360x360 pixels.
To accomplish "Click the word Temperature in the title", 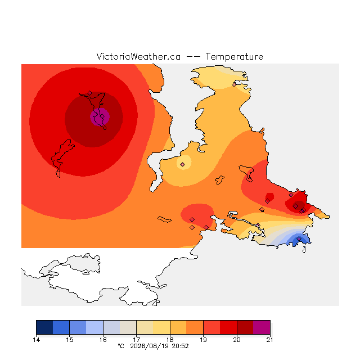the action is (x=234, y=57).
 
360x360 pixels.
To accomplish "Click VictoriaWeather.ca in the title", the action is (x=138, y=57).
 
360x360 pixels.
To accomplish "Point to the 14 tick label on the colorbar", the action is (x=36, y=340).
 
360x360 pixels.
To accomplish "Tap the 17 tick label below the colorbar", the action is (x=136, y=340).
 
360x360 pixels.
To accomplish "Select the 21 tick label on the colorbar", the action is (x=270, y=340).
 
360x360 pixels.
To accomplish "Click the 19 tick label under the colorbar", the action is (x=203, y=340).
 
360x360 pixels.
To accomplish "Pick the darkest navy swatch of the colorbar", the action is (x=44, y=327).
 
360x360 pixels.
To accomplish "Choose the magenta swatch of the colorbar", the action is (x=262, y=327).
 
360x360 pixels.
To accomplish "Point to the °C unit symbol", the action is (x=121, y=346).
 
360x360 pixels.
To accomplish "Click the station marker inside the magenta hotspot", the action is (x=102, y=116).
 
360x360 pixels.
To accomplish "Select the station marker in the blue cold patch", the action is (x=299, y=238).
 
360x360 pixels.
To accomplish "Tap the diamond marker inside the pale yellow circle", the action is (x=182, y=164).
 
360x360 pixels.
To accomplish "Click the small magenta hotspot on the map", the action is (x=100, y=117).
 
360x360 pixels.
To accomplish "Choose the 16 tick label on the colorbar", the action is (x=103, y=340).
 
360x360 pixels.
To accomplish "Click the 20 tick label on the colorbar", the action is (x=237, y=340).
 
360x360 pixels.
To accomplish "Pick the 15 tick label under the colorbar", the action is (x=70, y=340).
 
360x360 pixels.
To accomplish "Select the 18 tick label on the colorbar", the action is (x=170, y=340).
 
